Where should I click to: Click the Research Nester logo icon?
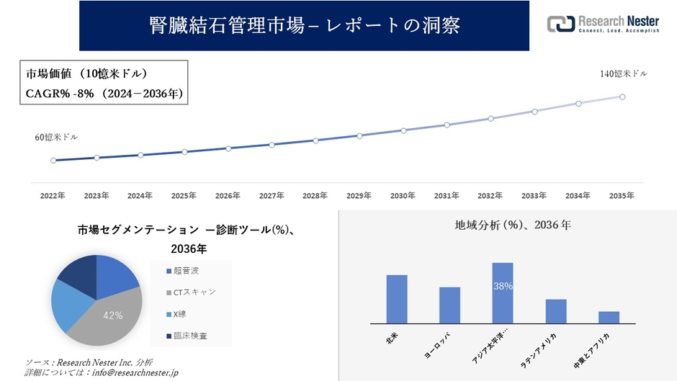[x=561, y=23]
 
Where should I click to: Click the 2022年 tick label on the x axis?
[x=53, y=196]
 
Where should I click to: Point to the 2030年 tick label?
[x=403, y=196]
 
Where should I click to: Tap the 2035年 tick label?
[x=622, y=196]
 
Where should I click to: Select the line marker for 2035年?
[x=622, y=97]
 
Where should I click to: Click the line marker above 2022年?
[x=53, y=161]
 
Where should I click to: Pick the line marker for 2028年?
[x=315, y=140]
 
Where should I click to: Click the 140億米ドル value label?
[x=624, y=74]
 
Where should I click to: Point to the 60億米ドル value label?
[x=56, y=137]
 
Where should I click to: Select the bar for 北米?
[x=397, y=299]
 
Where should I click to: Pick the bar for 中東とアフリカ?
[x=609, y=317]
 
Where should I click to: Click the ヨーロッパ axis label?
[x=442, y=346]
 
